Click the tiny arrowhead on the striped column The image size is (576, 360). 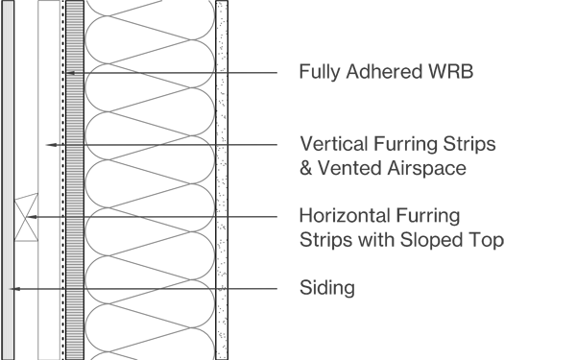tap(70, 73)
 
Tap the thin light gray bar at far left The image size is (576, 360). tap(8, 182)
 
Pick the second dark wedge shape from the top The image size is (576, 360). tap(149, 142)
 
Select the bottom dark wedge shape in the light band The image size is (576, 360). tap(149, 287)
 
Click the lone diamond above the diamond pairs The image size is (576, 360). tap(50, 145)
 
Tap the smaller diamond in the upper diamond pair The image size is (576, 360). tap(33, 217)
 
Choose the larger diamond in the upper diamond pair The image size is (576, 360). tap(49, 217)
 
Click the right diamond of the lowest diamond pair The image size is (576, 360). tap(48, 288)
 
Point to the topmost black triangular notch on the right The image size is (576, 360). tap(233, 72)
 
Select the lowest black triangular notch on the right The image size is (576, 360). tap(233, 288)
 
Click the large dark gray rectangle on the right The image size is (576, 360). tap(374, 182)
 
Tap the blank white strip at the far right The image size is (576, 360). tap(540, 182)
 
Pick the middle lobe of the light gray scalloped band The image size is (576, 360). tap(150, 180)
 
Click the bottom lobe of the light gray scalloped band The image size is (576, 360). tap(150, 326)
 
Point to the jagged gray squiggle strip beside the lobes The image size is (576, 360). tap(222, 182)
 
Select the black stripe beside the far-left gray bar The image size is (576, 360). tap(20, 96)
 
